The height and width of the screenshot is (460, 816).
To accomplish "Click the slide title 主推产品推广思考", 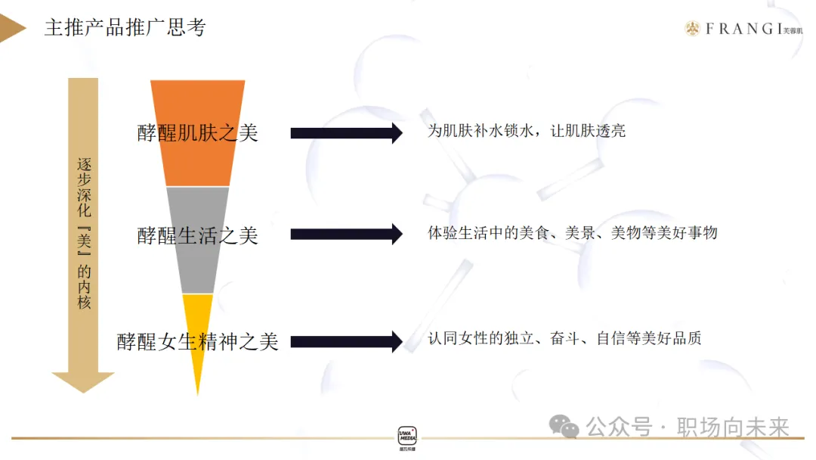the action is click(125, 28).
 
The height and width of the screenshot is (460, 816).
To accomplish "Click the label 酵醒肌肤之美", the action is click(197, 133).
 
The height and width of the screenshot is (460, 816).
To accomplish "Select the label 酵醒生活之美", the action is click(197, 236).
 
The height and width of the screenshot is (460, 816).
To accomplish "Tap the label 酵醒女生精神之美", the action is click(197, 342).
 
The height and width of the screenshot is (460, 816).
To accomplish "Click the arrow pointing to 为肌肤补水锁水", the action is click(346, 133).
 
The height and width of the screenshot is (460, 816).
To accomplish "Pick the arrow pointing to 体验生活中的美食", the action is click(346, 234).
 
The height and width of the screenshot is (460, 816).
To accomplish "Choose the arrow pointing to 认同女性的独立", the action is click(346, 342).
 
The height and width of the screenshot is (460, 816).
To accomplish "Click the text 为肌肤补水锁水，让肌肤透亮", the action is click(527, 131).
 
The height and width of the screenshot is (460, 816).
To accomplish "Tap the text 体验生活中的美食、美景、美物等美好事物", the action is click(572, 233).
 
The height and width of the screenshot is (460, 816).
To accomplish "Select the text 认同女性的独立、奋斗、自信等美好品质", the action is click(564, 337).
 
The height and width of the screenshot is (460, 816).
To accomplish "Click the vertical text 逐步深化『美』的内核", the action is click(84, 233).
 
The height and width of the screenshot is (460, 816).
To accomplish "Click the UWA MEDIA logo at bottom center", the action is click(407, 437).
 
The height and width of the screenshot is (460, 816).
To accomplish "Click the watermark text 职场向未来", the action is click(733, 427).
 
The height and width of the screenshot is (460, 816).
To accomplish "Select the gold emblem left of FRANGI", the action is click(692, 29).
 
